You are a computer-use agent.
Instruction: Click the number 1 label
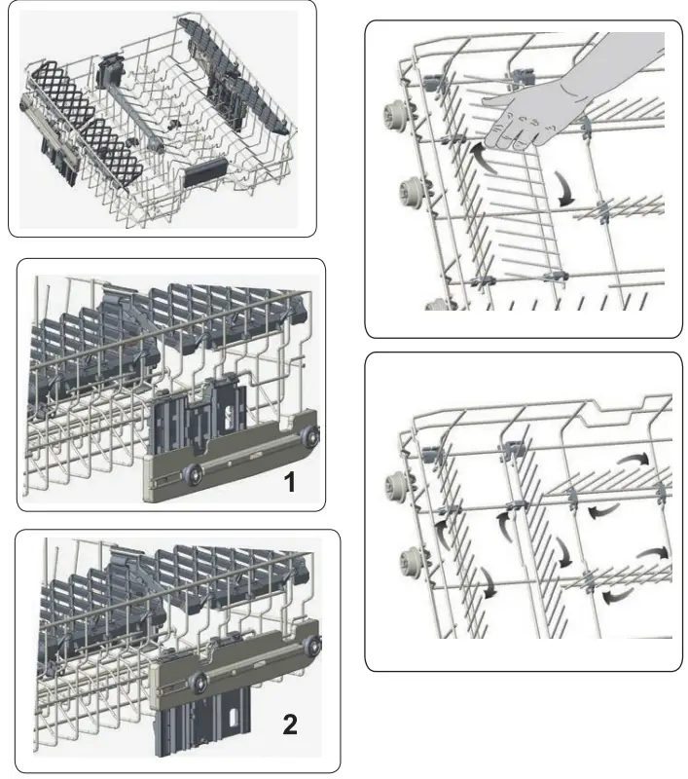click(x=289, y=482)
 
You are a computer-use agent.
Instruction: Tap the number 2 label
click(x=290, y=724)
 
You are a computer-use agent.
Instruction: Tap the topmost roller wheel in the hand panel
click(x=396, y=115)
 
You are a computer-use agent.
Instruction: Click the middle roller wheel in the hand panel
click(x=411, y=190)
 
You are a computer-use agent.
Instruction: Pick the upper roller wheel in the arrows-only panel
click(x=397, y=485)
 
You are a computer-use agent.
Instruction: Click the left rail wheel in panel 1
click(x=193, y=473)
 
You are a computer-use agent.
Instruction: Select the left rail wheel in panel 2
click(x=199, y=681)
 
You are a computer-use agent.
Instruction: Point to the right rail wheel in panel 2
click(x=313, y=646)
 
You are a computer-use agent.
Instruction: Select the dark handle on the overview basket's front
click(x=205, y=172)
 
